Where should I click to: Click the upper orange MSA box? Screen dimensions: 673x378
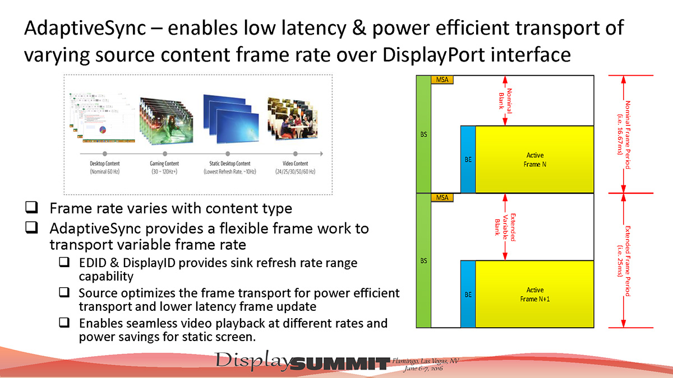coord(442,80)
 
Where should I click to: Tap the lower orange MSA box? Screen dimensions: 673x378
coord(442,197)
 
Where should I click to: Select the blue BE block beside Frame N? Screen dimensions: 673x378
coord(468,159)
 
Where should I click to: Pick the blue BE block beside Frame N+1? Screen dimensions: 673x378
coord(468,295)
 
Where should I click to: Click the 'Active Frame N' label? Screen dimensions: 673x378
coord(535,160)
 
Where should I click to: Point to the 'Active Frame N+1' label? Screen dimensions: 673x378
coord(535,295)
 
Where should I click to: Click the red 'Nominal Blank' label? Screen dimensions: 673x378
coord(505,101)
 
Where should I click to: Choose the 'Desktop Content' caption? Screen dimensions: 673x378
coord(104,164)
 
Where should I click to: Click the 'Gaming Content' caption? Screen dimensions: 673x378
coord(164,164)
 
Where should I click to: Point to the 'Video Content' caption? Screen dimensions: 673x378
coord(295,164)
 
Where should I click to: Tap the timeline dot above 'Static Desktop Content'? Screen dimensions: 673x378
coord(228,154)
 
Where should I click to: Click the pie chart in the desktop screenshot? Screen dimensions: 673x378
coord(103,130)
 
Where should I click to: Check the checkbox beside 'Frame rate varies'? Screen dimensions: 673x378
coord(31,207)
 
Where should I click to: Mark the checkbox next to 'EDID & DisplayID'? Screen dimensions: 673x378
coord(64,262)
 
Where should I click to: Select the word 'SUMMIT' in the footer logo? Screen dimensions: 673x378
coord(340,363)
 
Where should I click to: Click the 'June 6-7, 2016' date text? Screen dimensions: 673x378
coord(423,368)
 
